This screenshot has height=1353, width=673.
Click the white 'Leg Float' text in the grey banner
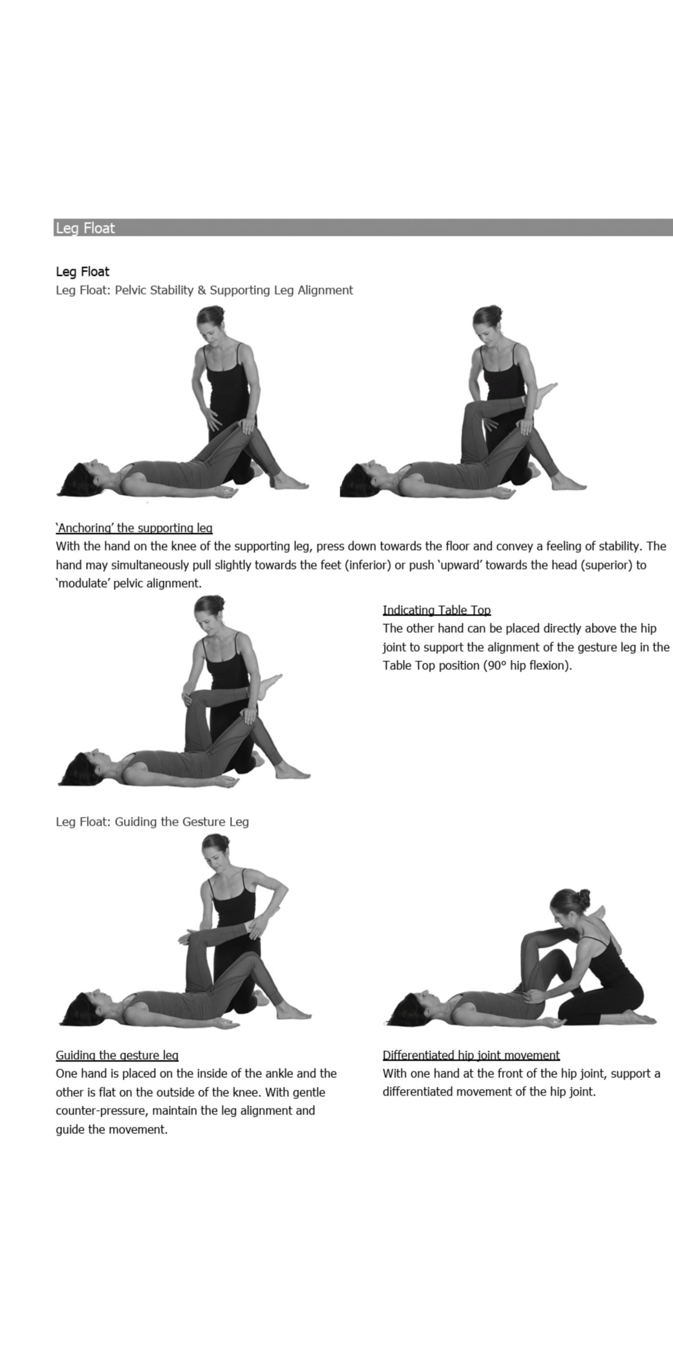tap(85, 228)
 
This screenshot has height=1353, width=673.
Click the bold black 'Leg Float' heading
tap(82, 272)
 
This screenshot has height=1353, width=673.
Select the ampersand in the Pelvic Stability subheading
tap(202, 290)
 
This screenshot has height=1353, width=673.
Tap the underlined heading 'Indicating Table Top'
tap(437, 610)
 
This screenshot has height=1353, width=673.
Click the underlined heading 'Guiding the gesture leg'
tap(117, 1055)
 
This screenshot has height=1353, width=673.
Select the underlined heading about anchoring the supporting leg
tap(134, 528)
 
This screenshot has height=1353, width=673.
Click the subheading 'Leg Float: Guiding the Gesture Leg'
tap(152, 821)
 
